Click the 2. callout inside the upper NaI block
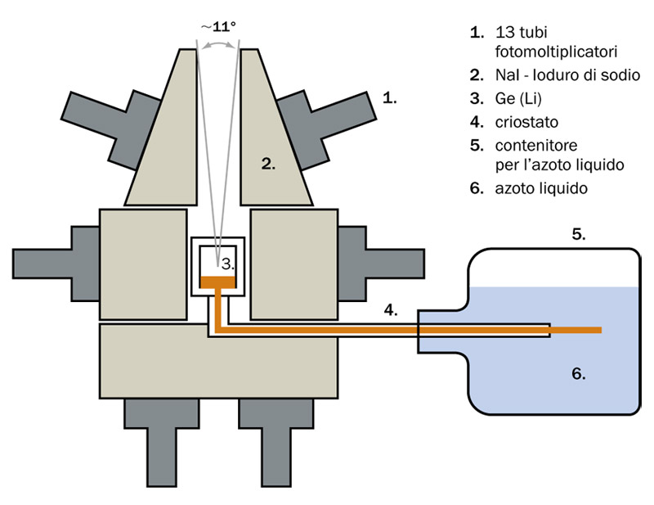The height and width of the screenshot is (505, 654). coord(269,164)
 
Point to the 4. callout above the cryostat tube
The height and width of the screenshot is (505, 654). coord(391,310)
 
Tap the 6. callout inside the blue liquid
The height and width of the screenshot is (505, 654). coord(578,374)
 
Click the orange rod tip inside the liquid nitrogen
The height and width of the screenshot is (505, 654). coord(594,330)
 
